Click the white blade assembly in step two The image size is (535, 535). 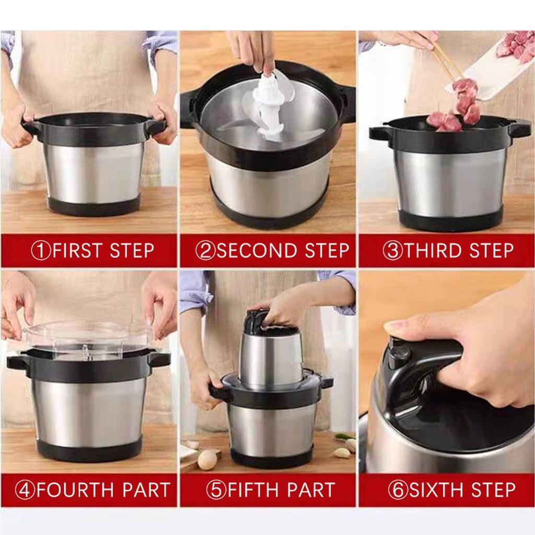click(x=269, y=107)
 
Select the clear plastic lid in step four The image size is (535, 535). click(x=89, y=337)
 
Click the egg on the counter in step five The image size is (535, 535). click(x=207, y=460)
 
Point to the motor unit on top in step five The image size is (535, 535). click(x=270, y=355)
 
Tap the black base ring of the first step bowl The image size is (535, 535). click(x=94, y=206)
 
